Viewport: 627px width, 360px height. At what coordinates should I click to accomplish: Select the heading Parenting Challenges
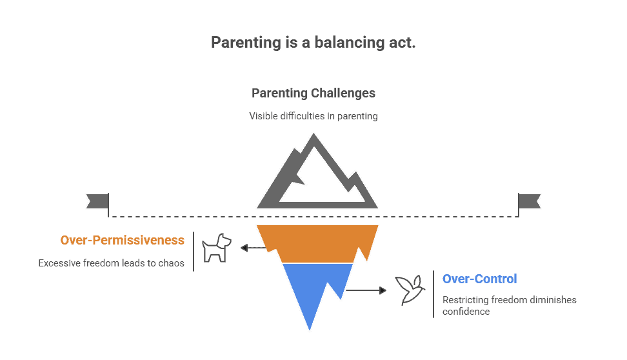pos(313,94)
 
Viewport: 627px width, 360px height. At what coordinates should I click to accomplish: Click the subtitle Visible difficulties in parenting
pos(313,116)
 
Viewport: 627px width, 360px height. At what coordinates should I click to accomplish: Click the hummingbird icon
pos(410,290)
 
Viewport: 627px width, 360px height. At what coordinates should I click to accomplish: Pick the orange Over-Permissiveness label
pos(122,241)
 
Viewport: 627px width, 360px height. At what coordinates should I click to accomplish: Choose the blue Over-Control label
pos(479,279)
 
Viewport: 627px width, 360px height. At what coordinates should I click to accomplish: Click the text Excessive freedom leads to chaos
pos(112,263)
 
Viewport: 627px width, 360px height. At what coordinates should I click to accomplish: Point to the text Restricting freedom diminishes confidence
pos(509,305)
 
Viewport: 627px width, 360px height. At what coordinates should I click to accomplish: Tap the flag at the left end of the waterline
pos(97,201)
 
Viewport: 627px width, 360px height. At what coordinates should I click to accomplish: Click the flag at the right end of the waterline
pos(530,201)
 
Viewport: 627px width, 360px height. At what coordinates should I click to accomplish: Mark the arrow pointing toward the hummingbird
pos(368,290)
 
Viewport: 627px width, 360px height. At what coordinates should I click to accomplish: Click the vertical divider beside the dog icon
pos(194,251)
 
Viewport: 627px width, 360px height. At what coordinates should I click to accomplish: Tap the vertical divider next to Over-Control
pos(433,294)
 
